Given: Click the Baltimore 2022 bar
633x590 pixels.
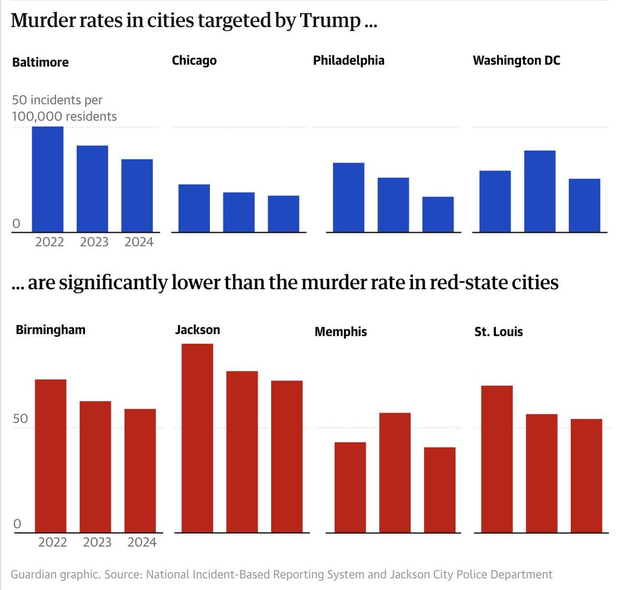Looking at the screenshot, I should pos(48,179).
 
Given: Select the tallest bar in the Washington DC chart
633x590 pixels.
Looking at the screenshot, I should pos(540,192).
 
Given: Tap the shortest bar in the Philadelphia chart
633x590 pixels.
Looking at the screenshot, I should pos(438,214).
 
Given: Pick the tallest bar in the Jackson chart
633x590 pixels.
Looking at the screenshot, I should pos(197,438).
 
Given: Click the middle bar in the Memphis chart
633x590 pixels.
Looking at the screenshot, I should pos(395,472).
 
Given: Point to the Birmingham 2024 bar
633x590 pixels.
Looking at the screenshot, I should pos(140,470).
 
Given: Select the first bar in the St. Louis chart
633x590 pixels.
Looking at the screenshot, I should pos(497,459).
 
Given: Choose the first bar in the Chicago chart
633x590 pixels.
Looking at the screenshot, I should pos(194,208).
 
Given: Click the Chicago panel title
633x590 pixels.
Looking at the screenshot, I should pos(194,61).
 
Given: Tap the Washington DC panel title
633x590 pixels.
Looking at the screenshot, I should pos(516,61).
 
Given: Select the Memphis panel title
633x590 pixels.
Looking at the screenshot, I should pos(341,332).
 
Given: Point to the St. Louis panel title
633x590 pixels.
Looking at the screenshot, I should pos(498,332).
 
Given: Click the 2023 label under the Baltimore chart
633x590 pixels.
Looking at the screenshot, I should pos(94,242).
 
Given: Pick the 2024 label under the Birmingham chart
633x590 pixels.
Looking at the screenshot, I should pos(142,543).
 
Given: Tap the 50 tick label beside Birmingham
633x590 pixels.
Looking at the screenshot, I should pos(21,419).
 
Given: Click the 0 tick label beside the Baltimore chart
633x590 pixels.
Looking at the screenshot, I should pos(16,224).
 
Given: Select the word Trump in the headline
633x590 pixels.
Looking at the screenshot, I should pos(330,21).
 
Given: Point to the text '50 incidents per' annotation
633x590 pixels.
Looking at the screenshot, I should pos(57,100).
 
